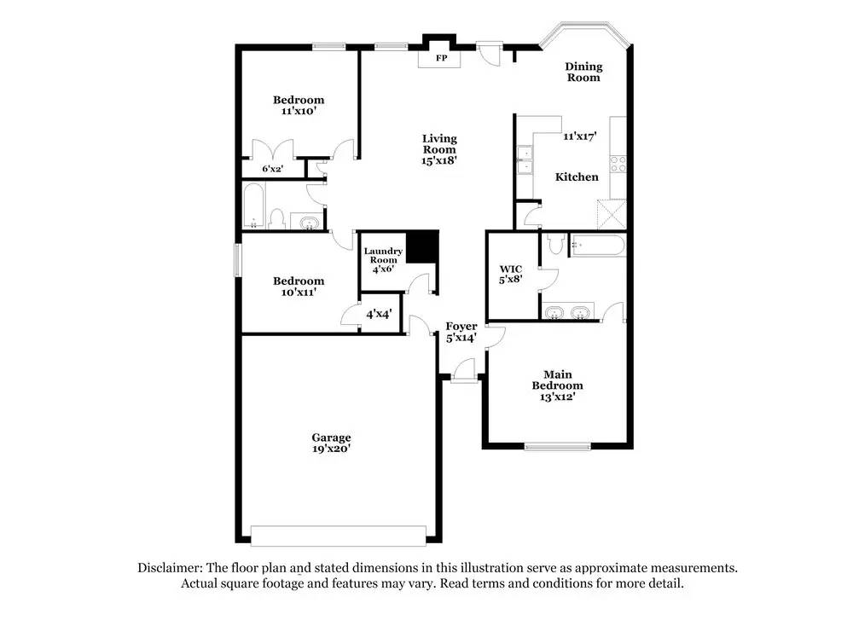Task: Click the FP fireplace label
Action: [x=442, y=59]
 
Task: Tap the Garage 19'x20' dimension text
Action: [x=331, y=448]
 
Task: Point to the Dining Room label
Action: [x=583, y=72]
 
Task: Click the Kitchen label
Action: [x=577, y=177]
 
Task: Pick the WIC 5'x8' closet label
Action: [x=510, y=273]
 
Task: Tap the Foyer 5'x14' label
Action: [x=461, y=332]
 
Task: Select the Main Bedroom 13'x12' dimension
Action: [x=558, y=397]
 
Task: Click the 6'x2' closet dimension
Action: [x=272, y=169]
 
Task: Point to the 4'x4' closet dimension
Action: [x=379, y=314]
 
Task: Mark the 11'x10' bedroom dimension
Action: [x=299, y=111]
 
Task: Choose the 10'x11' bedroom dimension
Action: [x=299, y=293]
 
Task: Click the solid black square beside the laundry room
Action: [x=421, y=246]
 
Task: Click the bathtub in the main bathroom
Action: [x=597, y=246]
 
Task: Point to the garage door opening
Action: [x=339, y=535]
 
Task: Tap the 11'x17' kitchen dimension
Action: [x=579, y=136]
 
